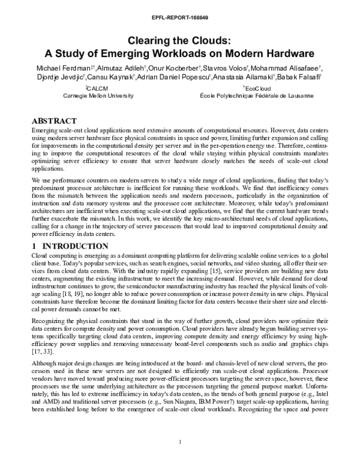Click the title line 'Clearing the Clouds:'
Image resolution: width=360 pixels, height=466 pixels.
pos(180,41)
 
